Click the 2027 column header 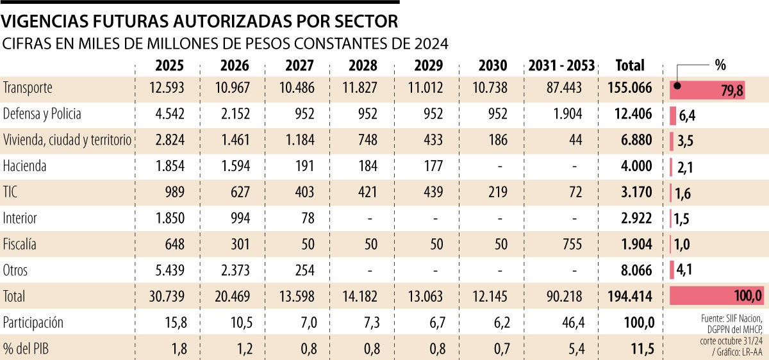click(x=299, y=65)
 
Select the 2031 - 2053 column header click(x=561, y=65)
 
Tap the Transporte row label click(x=28, y=88)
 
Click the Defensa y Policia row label click(x=42, y=114)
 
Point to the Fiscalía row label click(x=20, y=244)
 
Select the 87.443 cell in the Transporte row click(x=564, y=88)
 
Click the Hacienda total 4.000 click(x=634, y=166)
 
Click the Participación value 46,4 click(x=572, y=322)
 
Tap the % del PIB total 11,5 click(x=639, y=348)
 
